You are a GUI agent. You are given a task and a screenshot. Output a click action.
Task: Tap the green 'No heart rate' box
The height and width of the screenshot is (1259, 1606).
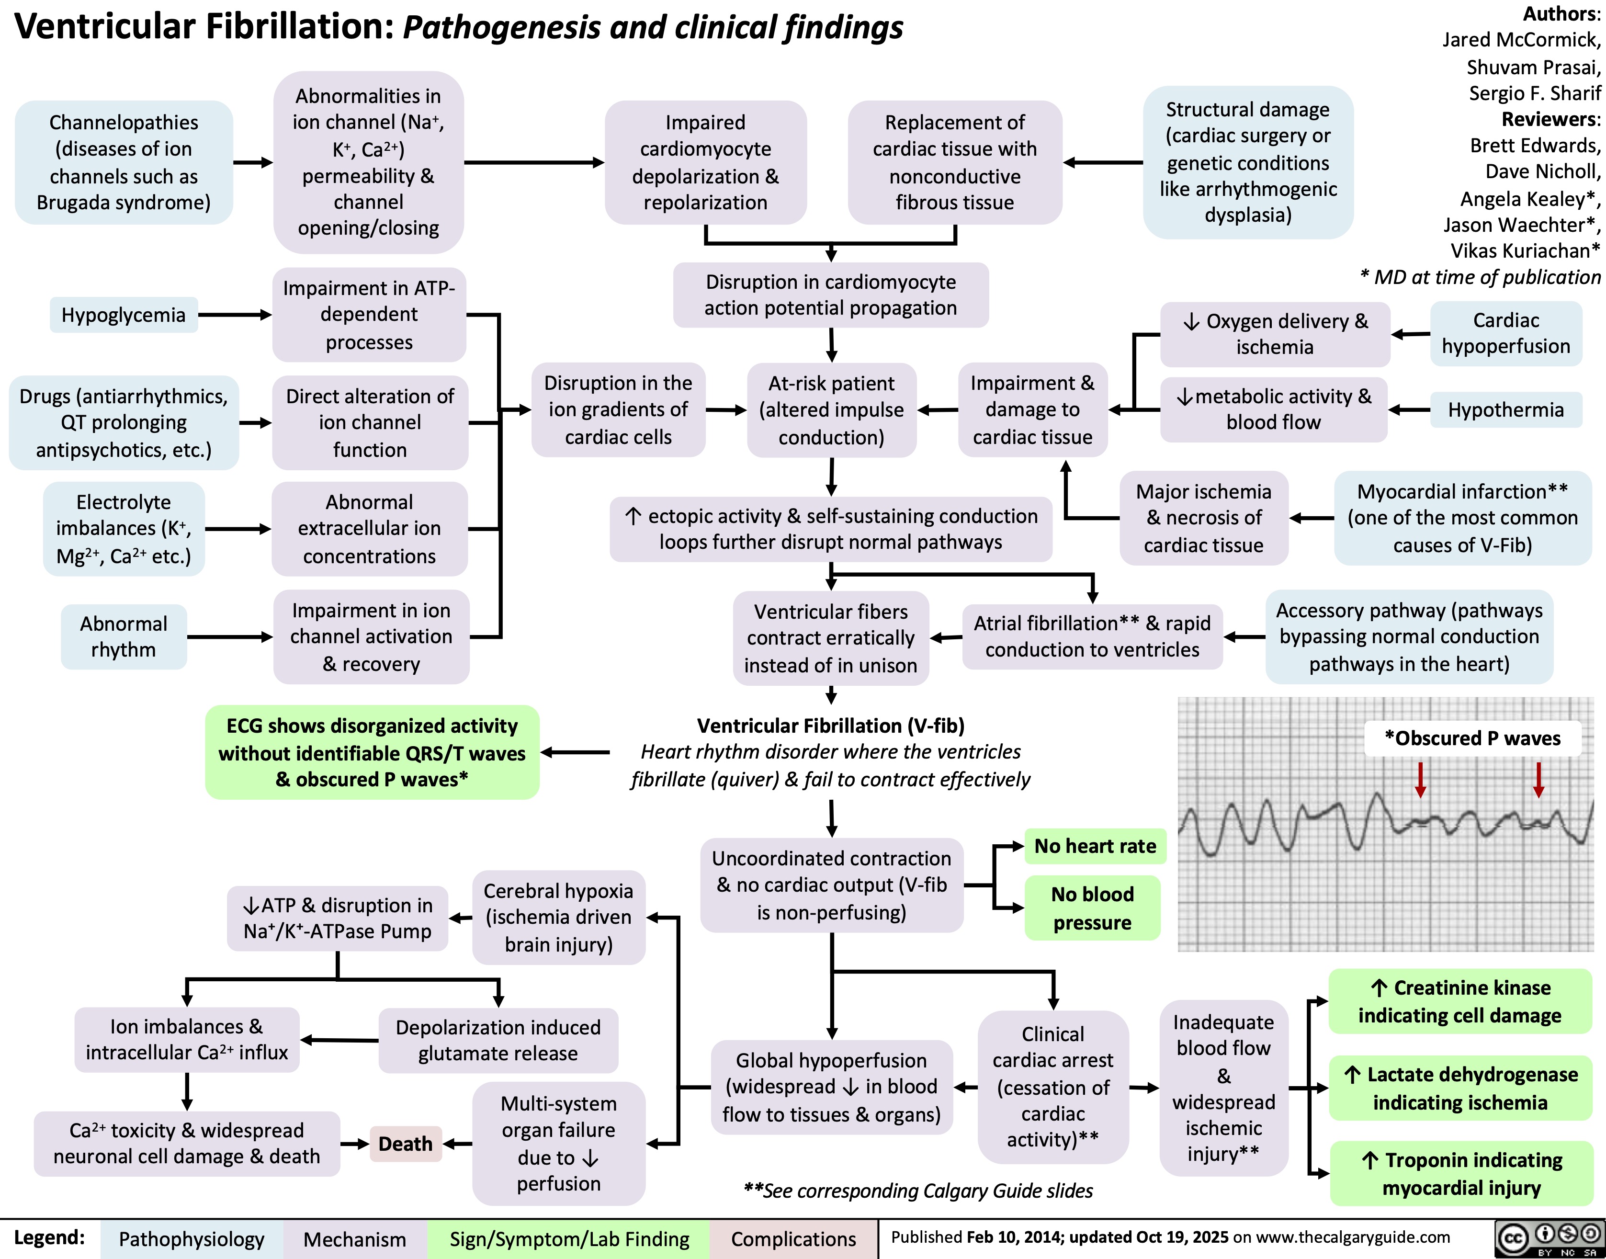1095,846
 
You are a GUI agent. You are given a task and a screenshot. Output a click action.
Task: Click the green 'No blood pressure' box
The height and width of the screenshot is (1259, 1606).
1092,908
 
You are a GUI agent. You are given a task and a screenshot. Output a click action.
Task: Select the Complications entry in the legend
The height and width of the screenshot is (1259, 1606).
793,1239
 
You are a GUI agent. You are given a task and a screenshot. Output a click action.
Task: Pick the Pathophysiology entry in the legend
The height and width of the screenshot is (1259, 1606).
191,1239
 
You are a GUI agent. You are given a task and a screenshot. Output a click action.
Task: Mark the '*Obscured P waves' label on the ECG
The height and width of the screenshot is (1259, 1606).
1472,738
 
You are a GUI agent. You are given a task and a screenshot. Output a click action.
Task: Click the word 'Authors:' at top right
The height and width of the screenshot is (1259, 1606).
1561,13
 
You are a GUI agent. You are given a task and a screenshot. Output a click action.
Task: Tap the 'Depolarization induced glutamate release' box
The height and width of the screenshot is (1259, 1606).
498,1040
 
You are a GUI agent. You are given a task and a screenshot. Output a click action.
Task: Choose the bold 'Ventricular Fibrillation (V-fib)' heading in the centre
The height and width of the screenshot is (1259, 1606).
831,726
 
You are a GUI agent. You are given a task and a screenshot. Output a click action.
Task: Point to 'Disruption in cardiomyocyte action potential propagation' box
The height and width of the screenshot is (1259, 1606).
831,295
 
